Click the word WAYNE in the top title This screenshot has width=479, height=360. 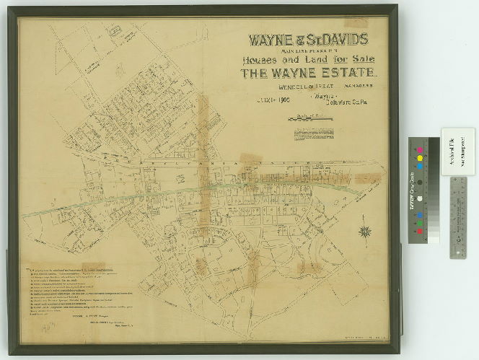(271, 40)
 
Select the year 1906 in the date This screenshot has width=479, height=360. (281, 100)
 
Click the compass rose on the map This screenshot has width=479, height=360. (365, 232)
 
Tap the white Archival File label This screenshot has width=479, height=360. (457, 152)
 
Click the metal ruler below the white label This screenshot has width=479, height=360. (458, 216)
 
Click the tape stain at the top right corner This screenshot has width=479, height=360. (356, 23)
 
